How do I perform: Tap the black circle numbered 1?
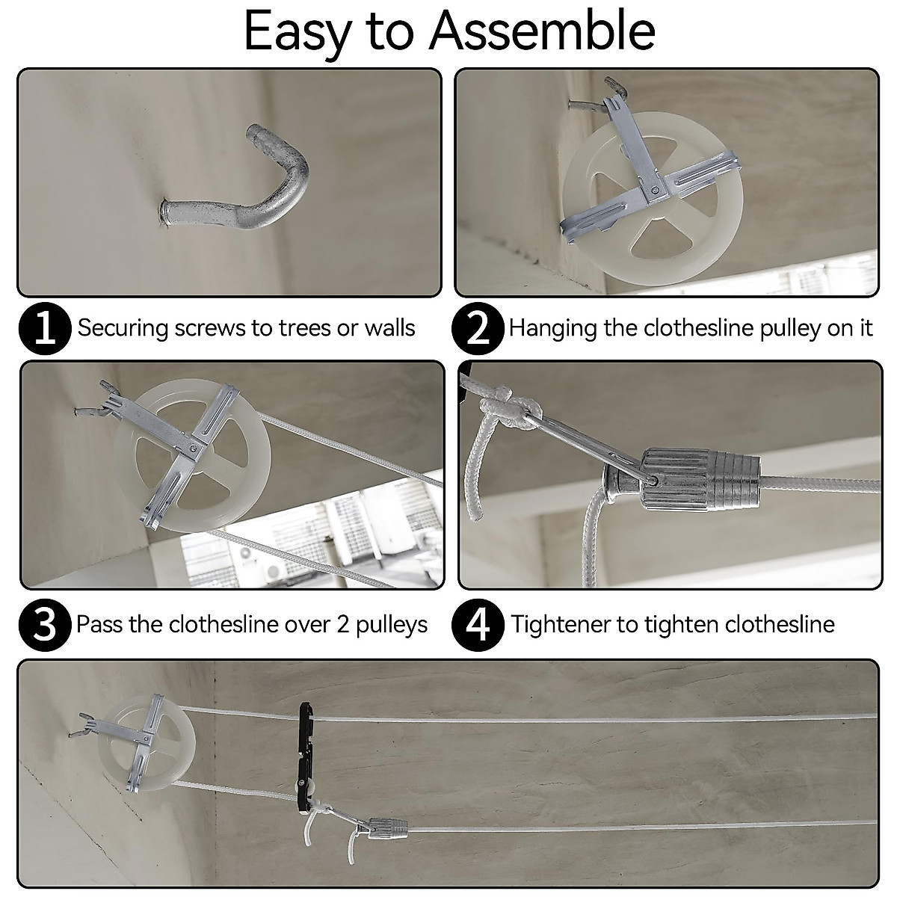[45, 328]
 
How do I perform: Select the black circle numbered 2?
[478, 328]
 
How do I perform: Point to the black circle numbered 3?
[45, 624]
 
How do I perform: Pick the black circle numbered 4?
[478, 624]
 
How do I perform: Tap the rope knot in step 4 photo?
[511, 410]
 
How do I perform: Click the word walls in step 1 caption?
[389, 328]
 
